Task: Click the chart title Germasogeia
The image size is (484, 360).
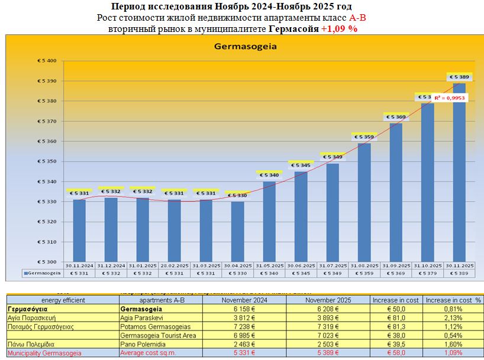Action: tap(246, 46)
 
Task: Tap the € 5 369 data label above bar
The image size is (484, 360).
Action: tap(396, 117)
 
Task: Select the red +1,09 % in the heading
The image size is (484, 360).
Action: tap(339, 28)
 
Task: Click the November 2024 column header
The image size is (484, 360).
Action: tap(245, 300)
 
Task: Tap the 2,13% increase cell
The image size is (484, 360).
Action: tap(453, 317)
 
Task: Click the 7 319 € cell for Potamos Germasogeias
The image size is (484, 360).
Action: tap(328, 326)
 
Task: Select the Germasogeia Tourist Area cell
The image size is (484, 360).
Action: tap(160, 335)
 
